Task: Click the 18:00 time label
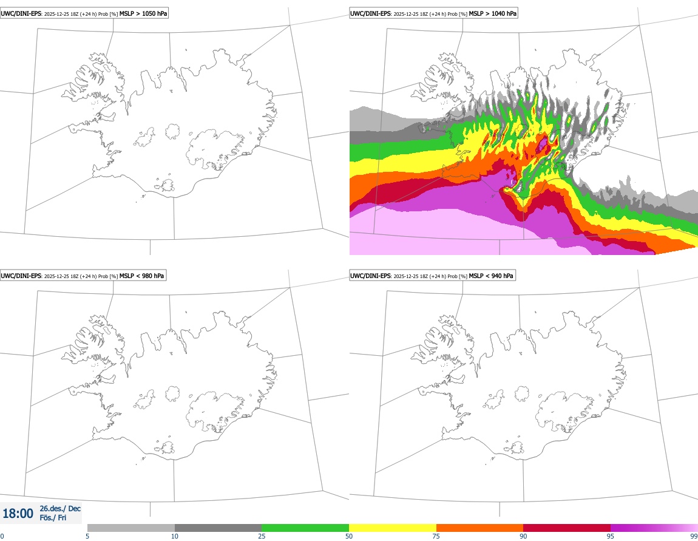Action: pos(18,514)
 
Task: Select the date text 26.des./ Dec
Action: pos(60,508)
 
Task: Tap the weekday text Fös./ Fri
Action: pos(53,518)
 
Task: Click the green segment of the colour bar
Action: pos(305,528)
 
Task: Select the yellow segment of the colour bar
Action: pos(393,528)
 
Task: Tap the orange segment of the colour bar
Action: pos(479,528)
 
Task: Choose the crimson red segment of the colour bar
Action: pos(567,528)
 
